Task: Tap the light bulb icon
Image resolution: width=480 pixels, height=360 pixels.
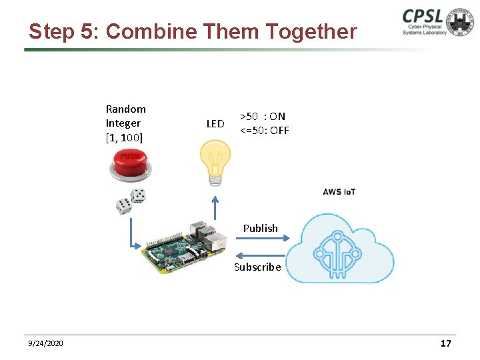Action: tap(215, 161)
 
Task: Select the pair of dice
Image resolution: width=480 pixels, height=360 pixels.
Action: tap(131, 201)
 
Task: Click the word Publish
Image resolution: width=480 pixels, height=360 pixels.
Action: tap(260, 228)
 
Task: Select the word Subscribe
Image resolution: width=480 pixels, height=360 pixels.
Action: tap(257, 267)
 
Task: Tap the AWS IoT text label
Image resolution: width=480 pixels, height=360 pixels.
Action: tap(339, 192)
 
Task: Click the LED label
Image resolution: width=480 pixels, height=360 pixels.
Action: tap(215, 123)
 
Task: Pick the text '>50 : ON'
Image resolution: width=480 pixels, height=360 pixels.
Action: tap(263, 116)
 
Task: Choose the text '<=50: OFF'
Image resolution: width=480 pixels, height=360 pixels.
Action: tap(264, 130)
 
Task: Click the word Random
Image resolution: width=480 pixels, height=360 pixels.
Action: tap(125, 109)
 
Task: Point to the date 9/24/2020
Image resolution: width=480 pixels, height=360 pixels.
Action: tap(46, 343)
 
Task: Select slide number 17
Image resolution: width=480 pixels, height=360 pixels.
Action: tap(445, 343)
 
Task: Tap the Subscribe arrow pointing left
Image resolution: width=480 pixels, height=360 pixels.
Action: tap(260, 255)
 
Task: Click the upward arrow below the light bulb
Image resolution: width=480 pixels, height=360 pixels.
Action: tap(215, 207)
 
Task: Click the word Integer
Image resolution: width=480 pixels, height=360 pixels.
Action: tap(123, 123)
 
